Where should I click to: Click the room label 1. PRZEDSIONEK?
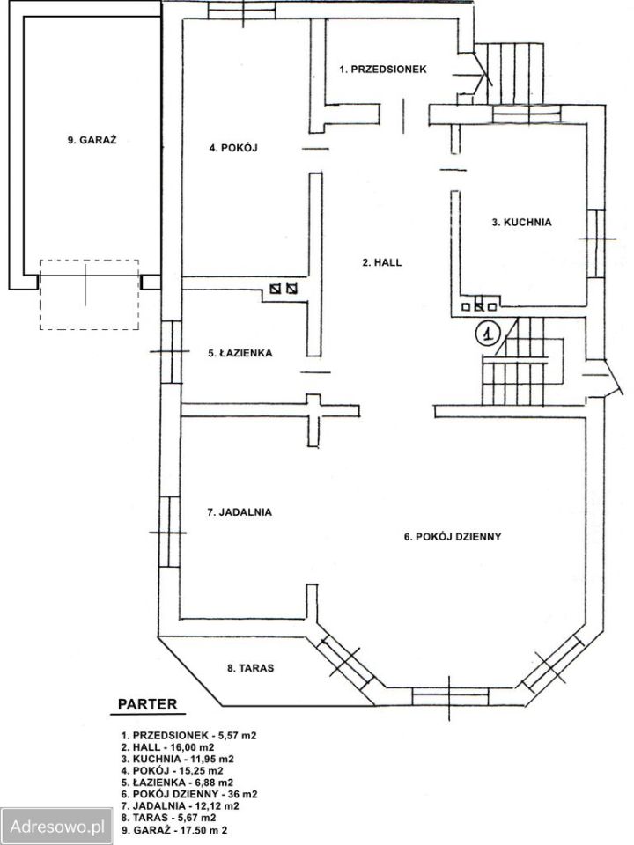click(383, 69)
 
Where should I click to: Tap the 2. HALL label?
click(382, 262)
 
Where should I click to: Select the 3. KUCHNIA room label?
click(521, 222)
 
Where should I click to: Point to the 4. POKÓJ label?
click(233, 148)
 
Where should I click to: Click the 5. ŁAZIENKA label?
click(240, 354)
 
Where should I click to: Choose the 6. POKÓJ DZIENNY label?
click(453, 537)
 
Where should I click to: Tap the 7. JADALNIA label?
click(240, 512)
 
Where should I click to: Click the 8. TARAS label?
click(250, 668)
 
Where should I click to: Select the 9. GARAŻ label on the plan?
click(92, 140)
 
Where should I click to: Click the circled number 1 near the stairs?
click(488, 333)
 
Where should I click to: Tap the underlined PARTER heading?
click(147, 705)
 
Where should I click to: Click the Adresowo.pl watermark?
click(56, 827)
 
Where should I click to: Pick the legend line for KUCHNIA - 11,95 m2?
click(177, 759)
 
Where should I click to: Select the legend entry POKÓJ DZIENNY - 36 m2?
click(188, 794)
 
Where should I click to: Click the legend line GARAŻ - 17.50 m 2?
click(174, 830)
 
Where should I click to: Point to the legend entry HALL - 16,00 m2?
click(167, 747)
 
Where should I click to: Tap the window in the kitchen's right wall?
click(596, 244)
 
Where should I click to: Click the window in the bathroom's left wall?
click(172, 352)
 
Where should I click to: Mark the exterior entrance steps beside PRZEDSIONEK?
click(515, 73)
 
